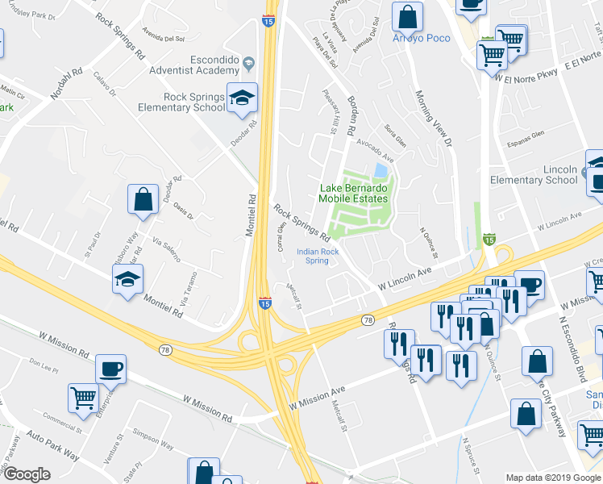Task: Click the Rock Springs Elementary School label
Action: point(193,102)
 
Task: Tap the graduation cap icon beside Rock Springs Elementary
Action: point(242,98)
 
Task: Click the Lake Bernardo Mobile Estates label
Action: point(352,193)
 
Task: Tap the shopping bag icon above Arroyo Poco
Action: point(409,15)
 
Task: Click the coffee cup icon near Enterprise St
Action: point(110,369)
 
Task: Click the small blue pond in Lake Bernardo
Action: point(380,171)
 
